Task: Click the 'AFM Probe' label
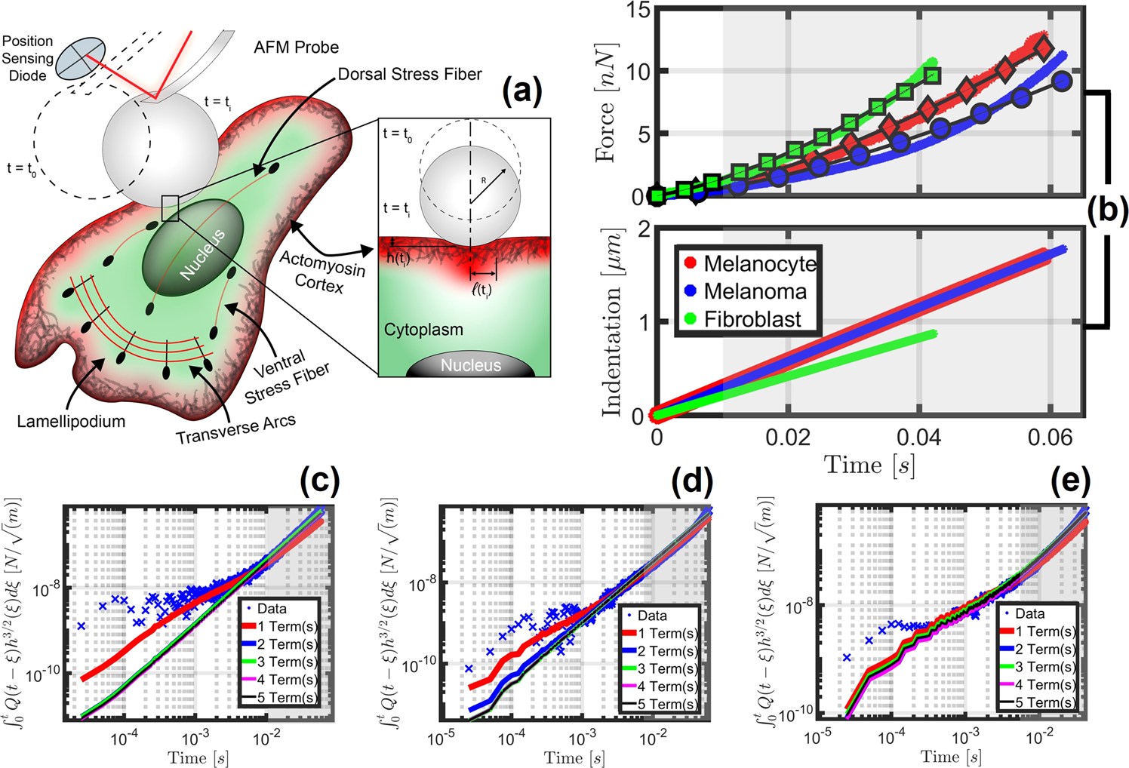tap(296, 48)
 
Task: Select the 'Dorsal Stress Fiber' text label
tap(409, 74)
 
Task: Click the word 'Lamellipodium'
tap(71, 422)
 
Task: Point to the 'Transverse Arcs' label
tap(235, 430)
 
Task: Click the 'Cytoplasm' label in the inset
tap(423, 330)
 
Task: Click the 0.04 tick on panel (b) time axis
tap(918, 438)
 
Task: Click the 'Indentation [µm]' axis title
tap(612, 322)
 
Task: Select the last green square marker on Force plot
tap(932, 75)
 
